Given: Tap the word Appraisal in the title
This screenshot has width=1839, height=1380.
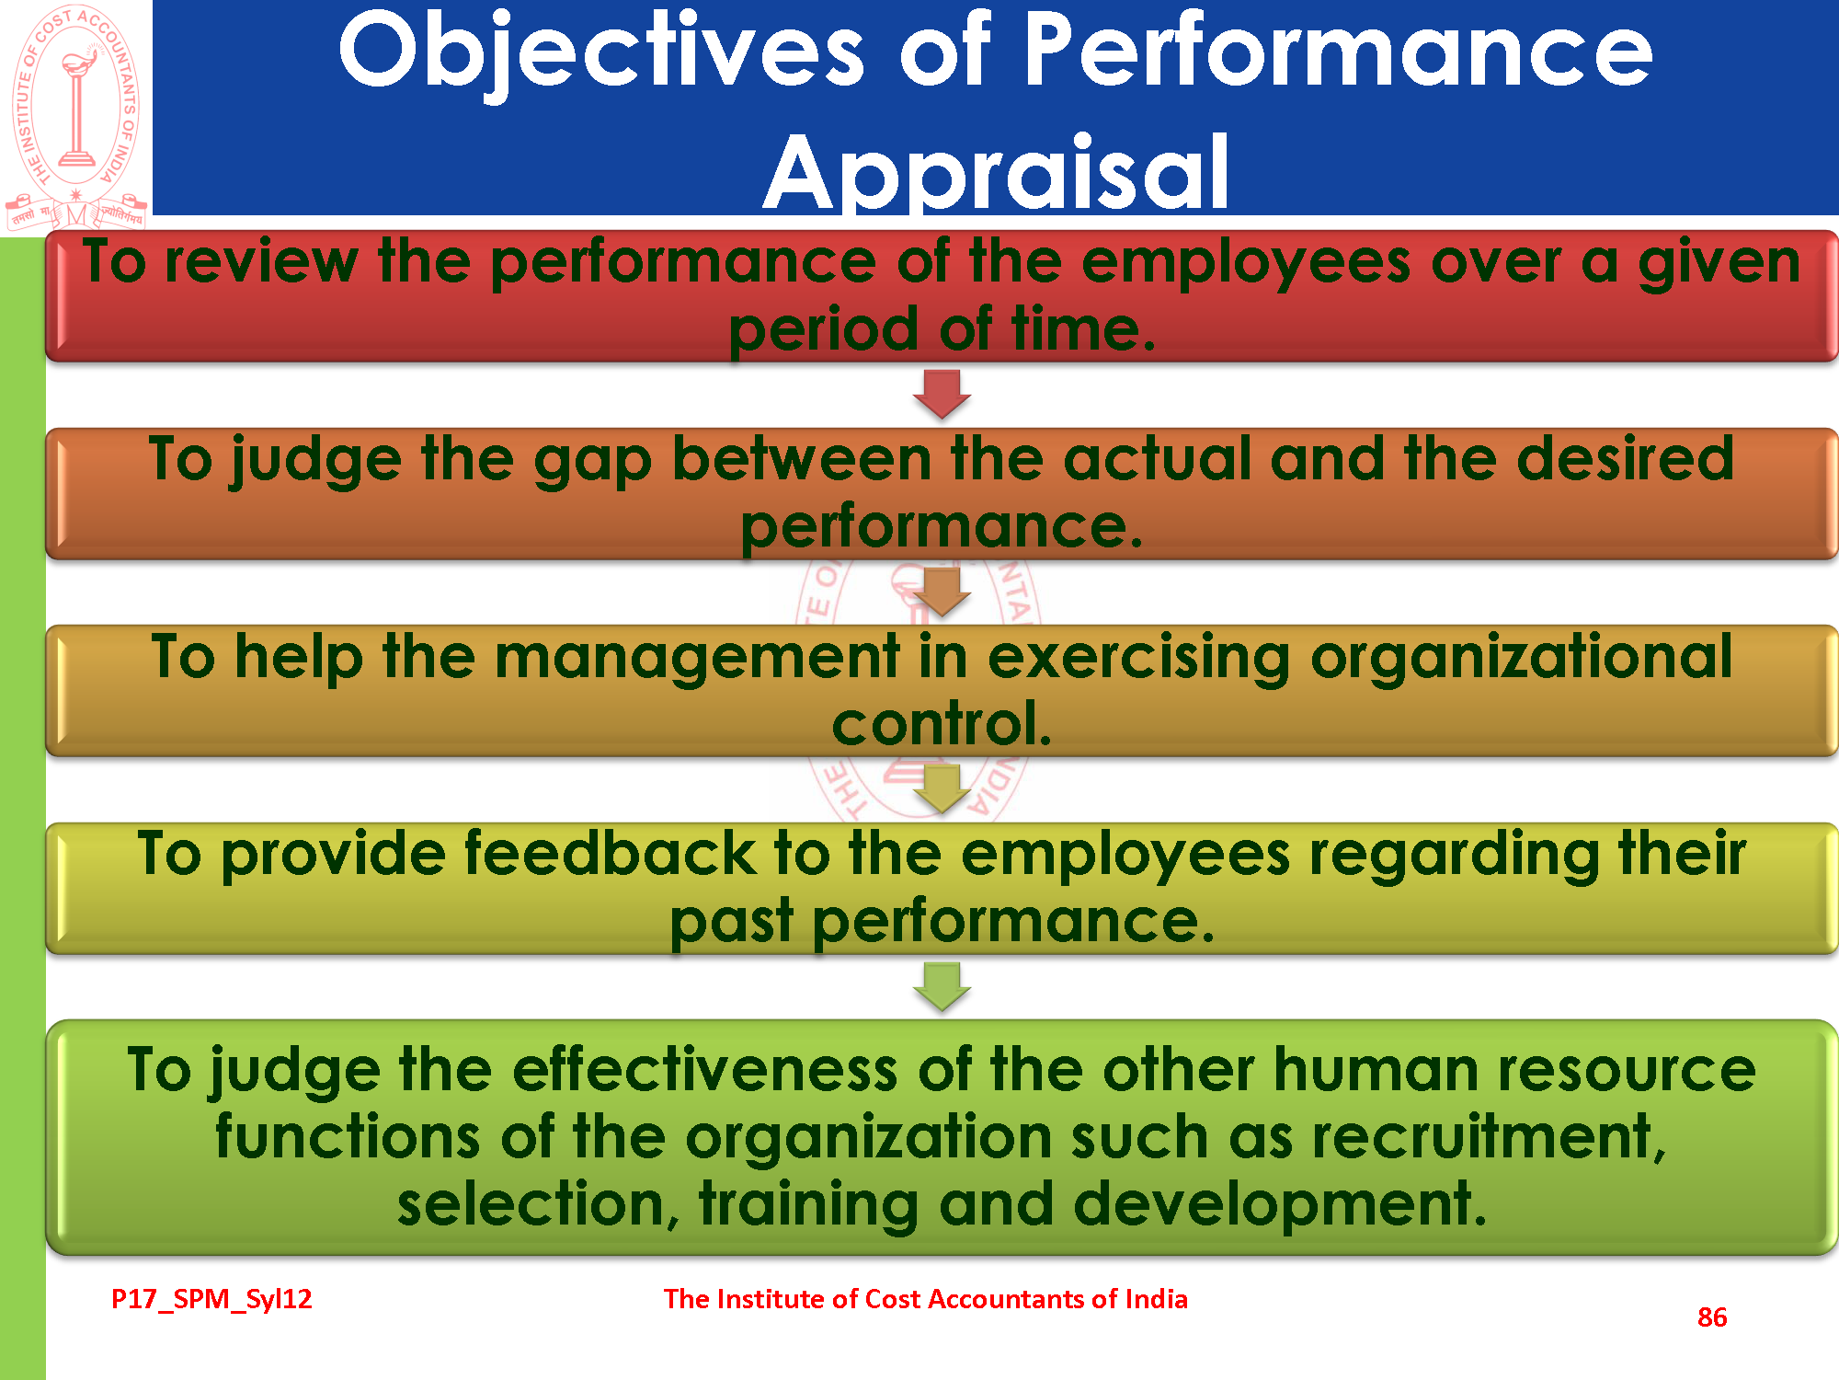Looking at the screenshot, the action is click(x=997, y=172).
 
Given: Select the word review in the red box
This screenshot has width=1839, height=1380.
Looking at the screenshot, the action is click(x=261, y=262).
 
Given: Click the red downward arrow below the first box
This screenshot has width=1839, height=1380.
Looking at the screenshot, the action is click(x=942, y=394).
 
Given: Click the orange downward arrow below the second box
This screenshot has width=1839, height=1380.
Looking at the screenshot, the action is click(x=942, y=592).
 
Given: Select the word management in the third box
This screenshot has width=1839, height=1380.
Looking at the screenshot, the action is click(x=697, y=659).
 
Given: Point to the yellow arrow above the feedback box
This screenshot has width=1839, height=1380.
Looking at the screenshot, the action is click(x=942, y=789).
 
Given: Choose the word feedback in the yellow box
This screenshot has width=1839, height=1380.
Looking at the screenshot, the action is click(x=610, y=853).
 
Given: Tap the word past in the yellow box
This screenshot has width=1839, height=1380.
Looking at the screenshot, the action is click(x=731, y=923).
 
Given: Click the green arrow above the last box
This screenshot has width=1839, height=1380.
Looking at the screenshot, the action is click(x=942, y=987).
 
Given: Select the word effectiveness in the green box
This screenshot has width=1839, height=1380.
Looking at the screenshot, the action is click(x=705, y=1070).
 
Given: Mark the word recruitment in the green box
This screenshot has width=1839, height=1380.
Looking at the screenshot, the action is click(x=1489, y=1137).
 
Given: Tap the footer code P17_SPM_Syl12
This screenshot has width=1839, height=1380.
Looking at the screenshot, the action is click(x=211, y=1299).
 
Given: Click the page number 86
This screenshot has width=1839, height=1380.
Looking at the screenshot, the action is click(x=1712, y=1317).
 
